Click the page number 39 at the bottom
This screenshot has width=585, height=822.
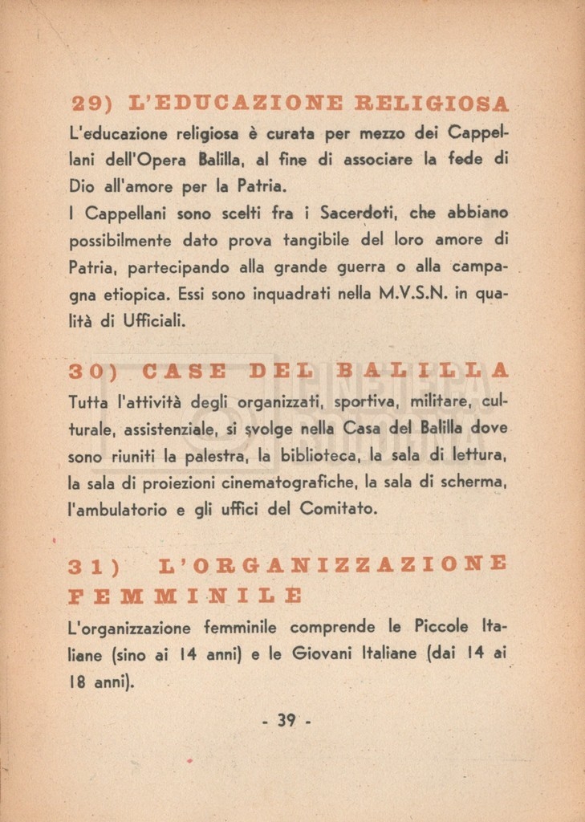click(286, 720)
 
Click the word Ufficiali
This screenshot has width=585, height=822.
click(154, 322)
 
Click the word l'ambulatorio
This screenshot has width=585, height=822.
click(117, 509)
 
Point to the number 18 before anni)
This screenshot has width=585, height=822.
click(77, 682)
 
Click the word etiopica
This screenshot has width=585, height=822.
click(138, 295)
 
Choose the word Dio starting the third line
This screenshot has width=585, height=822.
click(82, 186)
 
